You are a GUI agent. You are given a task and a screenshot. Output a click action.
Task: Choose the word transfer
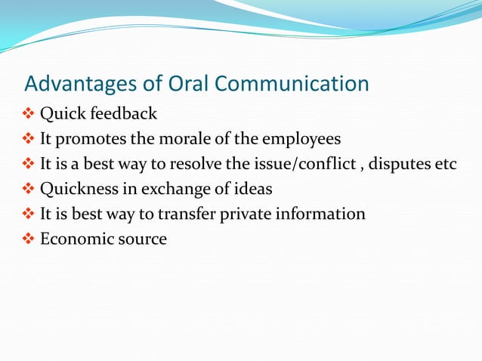click(x=187, y=214)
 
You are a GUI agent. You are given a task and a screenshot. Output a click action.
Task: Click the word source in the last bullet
click(x=141, y=239)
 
